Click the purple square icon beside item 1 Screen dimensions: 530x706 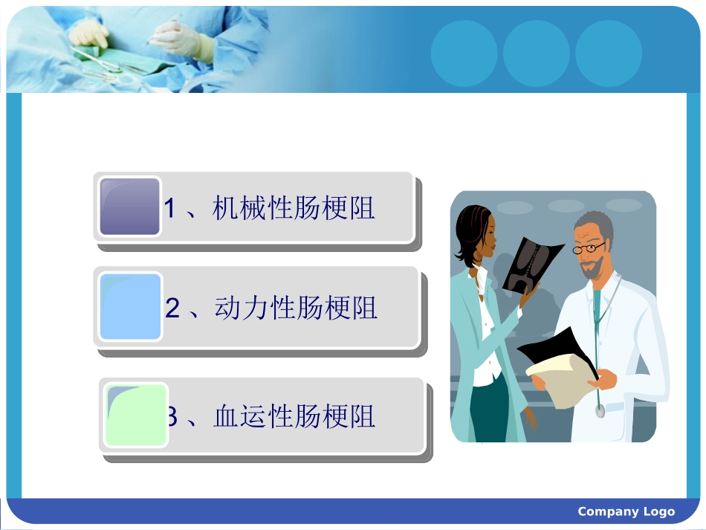coord(130,207)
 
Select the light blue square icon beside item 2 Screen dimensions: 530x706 coord(130,306)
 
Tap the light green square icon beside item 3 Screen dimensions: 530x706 coord(136,415)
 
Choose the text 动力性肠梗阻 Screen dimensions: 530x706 coord(296,308)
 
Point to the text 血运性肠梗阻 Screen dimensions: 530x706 coord(294,416)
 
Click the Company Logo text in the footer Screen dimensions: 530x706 coord(626,511)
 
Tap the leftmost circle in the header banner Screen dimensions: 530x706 coord(464,54)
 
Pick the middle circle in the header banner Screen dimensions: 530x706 coord(536,54)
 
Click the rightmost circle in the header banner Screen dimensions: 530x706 coord(608,54)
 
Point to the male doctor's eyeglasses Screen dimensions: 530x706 coord(589,248)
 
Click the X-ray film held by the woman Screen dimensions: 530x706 coord(532,263)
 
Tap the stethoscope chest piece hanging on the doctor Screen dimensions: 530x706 coord(599,410)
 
